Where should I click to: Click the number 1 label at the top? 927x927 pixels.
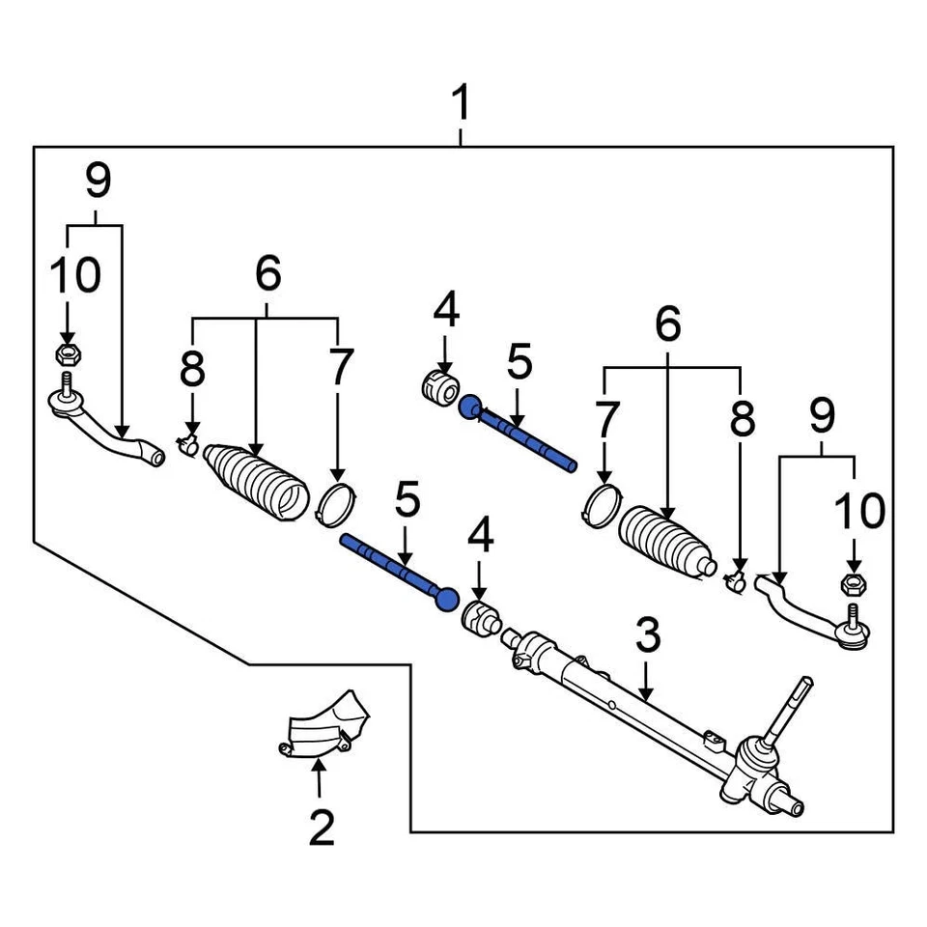tap(462, 102)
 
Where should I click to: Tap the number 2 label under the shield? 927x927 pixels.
tap(321, 827)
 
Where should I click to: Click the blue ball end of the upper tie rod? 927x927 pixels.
tap(470, 407)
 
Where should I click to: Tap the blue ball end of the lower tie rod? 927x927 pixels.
tap(445, 600)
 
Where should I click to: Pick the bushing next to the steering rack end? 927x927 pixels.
tap(481, 618)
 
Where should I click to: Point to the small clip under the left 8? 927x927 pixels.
tap(187, 444)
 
